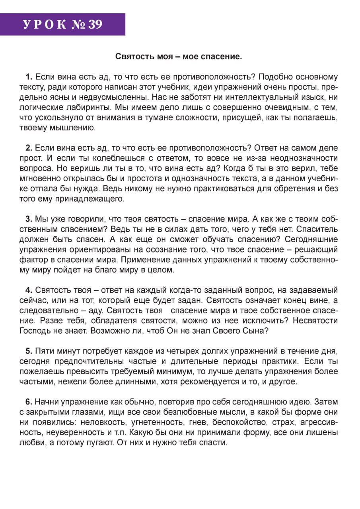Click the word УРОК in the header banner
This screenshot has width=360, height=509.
point(44,25)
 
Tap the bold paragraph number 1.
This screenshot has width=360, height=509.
point(29,77)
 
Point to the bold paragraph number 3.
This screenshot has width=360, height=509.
point(29,219)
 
